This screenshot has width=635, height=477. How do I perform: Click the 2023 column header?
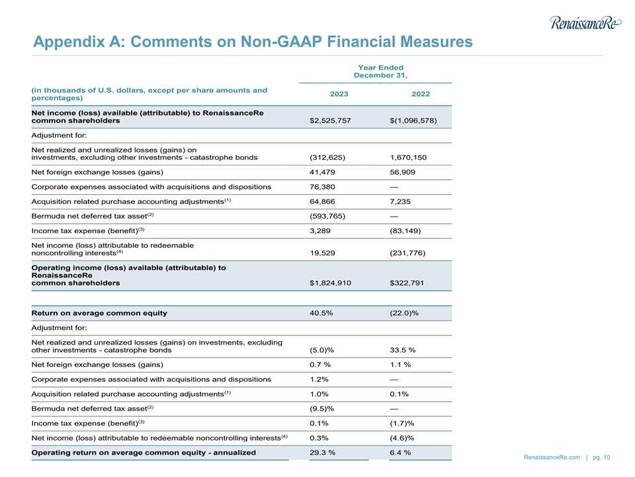[339, 94]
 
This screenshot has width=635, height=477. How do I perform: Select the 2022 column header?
[420, 94]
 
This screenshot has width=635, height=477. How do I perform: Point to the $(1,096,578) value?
[413, 121]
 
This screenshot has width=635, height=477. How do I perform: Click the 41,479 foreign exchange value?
[322, 172]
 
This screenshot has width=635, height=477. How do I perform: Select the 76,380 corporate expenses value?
[322, 187]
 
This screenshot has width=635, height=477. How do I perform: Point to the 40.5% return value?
[321, 313]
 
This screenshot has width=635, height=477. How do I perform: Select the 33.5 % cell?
[403, 350]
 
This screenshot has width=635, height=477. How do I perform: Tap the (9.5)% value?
[321, 409]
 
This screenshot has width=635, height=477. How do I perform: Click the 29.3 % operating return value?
[322, 452]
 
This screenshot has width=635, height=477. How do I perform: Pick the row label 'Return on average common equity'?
[99, 313]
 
